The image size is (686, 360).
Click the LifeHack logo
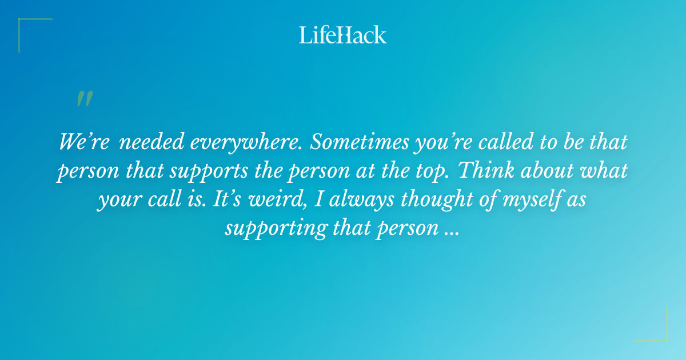342,35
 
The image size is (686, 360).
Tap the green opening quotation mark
84,99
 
